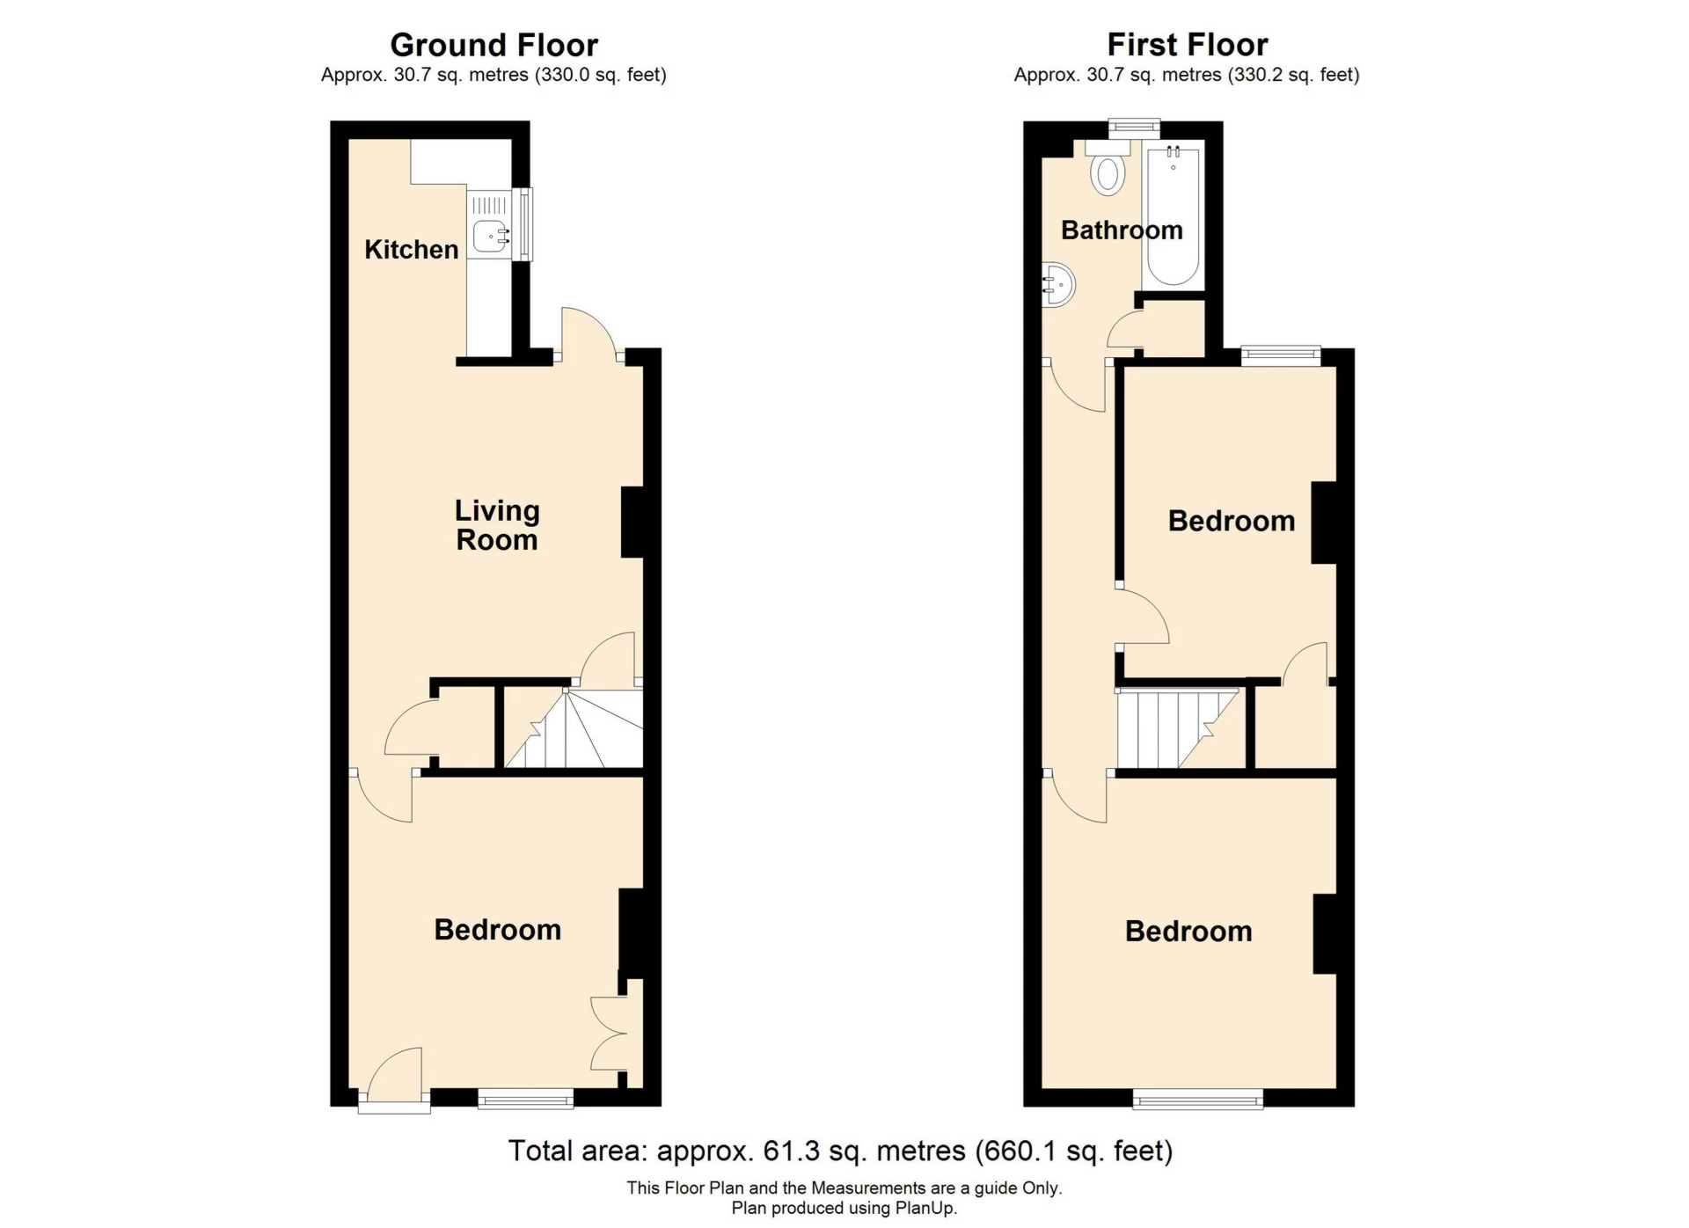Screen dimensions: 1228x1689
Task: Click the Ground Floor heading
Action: (x=494, y=45)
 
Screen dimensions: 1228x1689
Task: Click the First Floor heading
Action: (x=1187, y=45)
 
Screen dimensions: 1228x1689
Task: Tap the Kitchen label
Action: (x=411, y=250)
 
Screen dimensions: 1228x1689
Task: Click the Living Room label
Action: (x=497, y=525)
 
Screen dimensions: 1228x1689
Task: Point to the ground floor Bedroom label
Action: (x=497, y=930)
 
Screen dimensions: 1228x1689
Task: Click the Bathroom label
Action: (x=1122, y=230)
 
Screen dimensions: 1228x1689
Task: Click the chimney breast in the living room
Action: (x=632, y=522)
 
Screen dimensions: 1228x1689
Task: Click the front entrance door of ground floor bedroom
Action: (x=394, y=1078)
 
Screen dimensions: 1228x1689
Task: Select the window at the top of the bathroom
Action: (x=1133, y=128)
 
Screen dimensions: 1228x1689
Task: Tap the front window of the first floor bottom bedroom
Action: (x=1197, y=1098)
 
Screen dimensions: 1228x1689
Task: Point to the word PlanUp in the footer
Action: (x=925, y=1209)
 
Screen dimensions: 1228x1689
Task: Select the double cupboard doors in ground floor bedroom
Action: (x=611, y=1034)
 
